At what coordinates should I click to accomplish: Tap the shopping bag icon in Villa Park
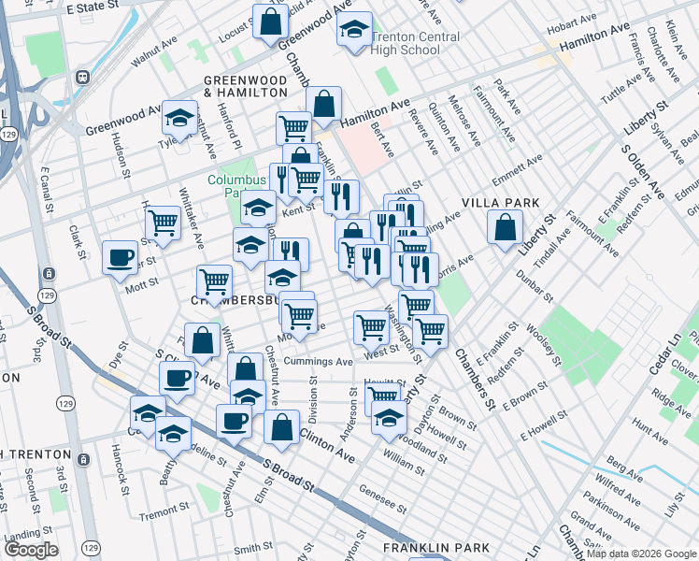505,226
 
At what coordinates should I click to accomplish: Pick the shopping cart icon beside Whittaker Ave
164,223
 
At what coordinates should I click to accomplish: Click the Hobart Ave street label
573,20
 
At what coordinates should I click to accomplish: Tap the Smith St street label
253,549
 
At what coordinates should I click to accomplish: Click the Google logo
31,550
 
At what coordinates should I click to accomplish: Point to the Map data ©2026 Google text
639,554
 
